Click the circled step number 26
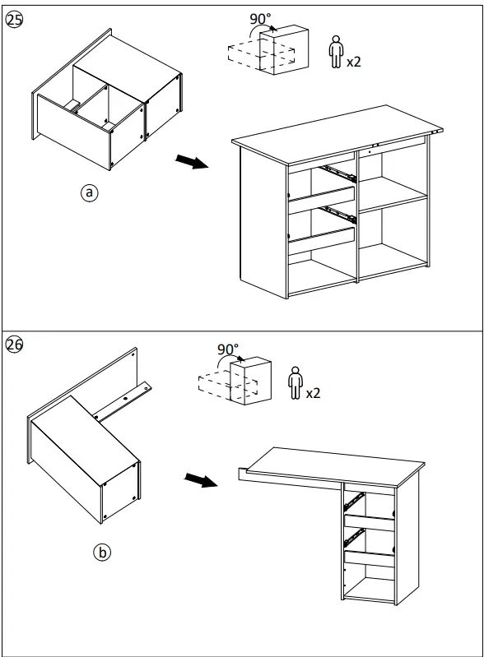click(x=14, y=345)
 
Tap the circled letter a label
click(x=89, y=192)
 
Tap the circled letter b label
click(x=101, y=553)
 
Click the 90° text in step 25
click(x=261, y=17)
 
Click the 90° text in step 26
click(x=228, y=349)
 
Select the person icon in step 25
click(x=335, y=52)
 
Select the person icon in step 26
click(x=294, y=384)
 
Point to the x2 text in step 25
click(x=354, y=62)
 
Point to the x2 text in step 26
click(x=313, y=393)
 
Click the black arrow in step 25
click(x=191, y=162)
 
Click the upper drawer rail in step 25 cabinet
click(x=337, y=172)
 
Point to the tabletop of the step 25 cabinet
click(x=337, y=132)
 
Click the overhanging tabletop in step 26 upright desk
click(x=329, y=465)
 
